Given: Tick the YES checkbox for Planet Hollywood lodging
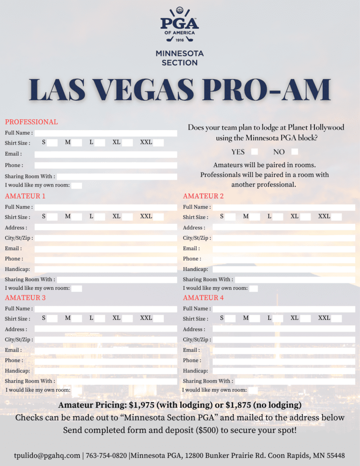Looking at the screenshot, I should (x=254, y=152).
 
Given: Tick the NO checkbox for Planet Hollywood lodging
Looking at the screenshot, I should (x=294, y=152).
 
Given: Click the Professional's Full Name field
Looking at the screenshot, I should (x=106, y=133).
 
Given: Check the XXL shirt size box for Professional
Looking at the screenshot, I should (x=158, y=142).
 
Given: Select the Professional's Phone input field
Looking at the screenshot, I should (x=106, y=165).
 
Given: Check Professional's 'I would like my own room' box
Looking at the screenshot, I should (x=76, y=185).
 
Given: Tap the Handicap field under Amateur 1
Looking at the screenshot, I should (x=106, y=269).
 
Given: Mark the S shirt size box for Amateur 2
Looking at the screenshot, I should (x=230, y=217).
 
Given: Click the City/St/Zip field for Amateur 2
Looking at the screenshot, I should (x=284, y=238).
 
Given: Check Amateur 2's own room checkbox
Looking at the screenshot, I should (x=254, y=288).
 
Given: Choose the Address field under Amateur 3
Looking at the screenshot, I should (x=106, y=329).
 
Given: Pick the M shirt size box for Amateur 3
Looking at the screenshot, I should (x=76, y=319).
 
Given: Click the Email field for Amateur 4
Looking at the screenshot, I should (x=284, y=350).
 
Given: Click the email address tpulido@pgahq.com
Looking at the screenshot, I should (x=47, y=455).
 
